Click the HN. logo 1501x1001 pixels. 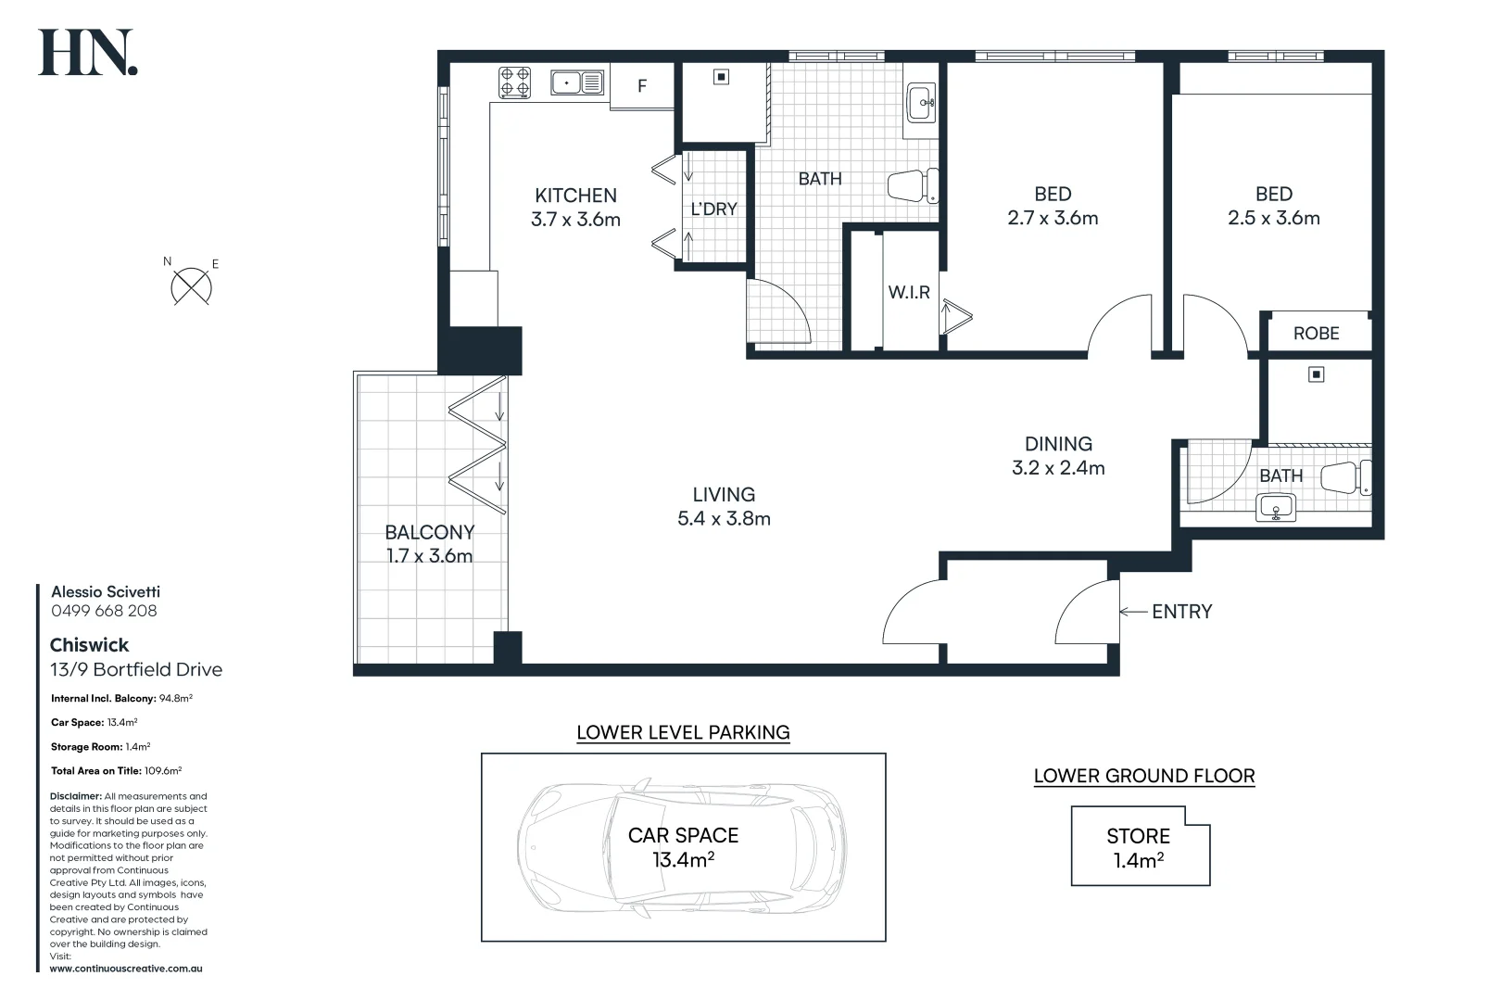tap(88, 53)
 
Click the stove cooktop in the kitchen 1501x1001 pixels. tap(515, 82)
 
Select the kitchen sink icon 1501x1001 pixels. tap(578, 83)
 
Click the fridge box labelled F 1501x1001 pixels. tap(642, 86)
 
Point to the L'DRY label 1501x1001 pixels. tap(713, 209)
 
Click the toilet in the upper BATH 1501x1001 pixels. tap(913, 185)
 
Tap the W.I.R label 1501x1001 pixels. tap(909, 293)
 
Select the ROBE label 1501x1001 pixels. tap(1316, 334)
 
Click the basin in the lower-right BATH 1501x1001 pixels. tap(1277, 508)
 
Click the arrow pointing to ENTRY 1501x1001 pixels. tap(1133, 612)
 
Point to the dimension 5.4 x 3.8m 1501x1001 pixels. tap(724, 519)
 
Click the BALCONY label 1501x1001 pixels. tap(429, 533)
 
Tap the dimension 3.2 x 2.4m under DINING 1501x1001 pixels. tap(1058, 468)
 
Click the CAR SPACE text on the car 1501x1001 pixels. tap(683, 836)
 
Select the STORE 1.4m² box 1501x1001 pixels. tap(1139, 847)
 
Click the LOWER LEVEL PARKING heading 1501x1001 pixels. tap(683, 732)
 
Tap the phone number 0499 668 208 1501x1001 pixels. tap(104, 611)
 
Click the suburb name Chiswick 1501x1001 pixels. tap(89, 645)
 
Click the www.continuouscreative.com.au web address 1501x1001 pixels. tap(126, 969)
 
